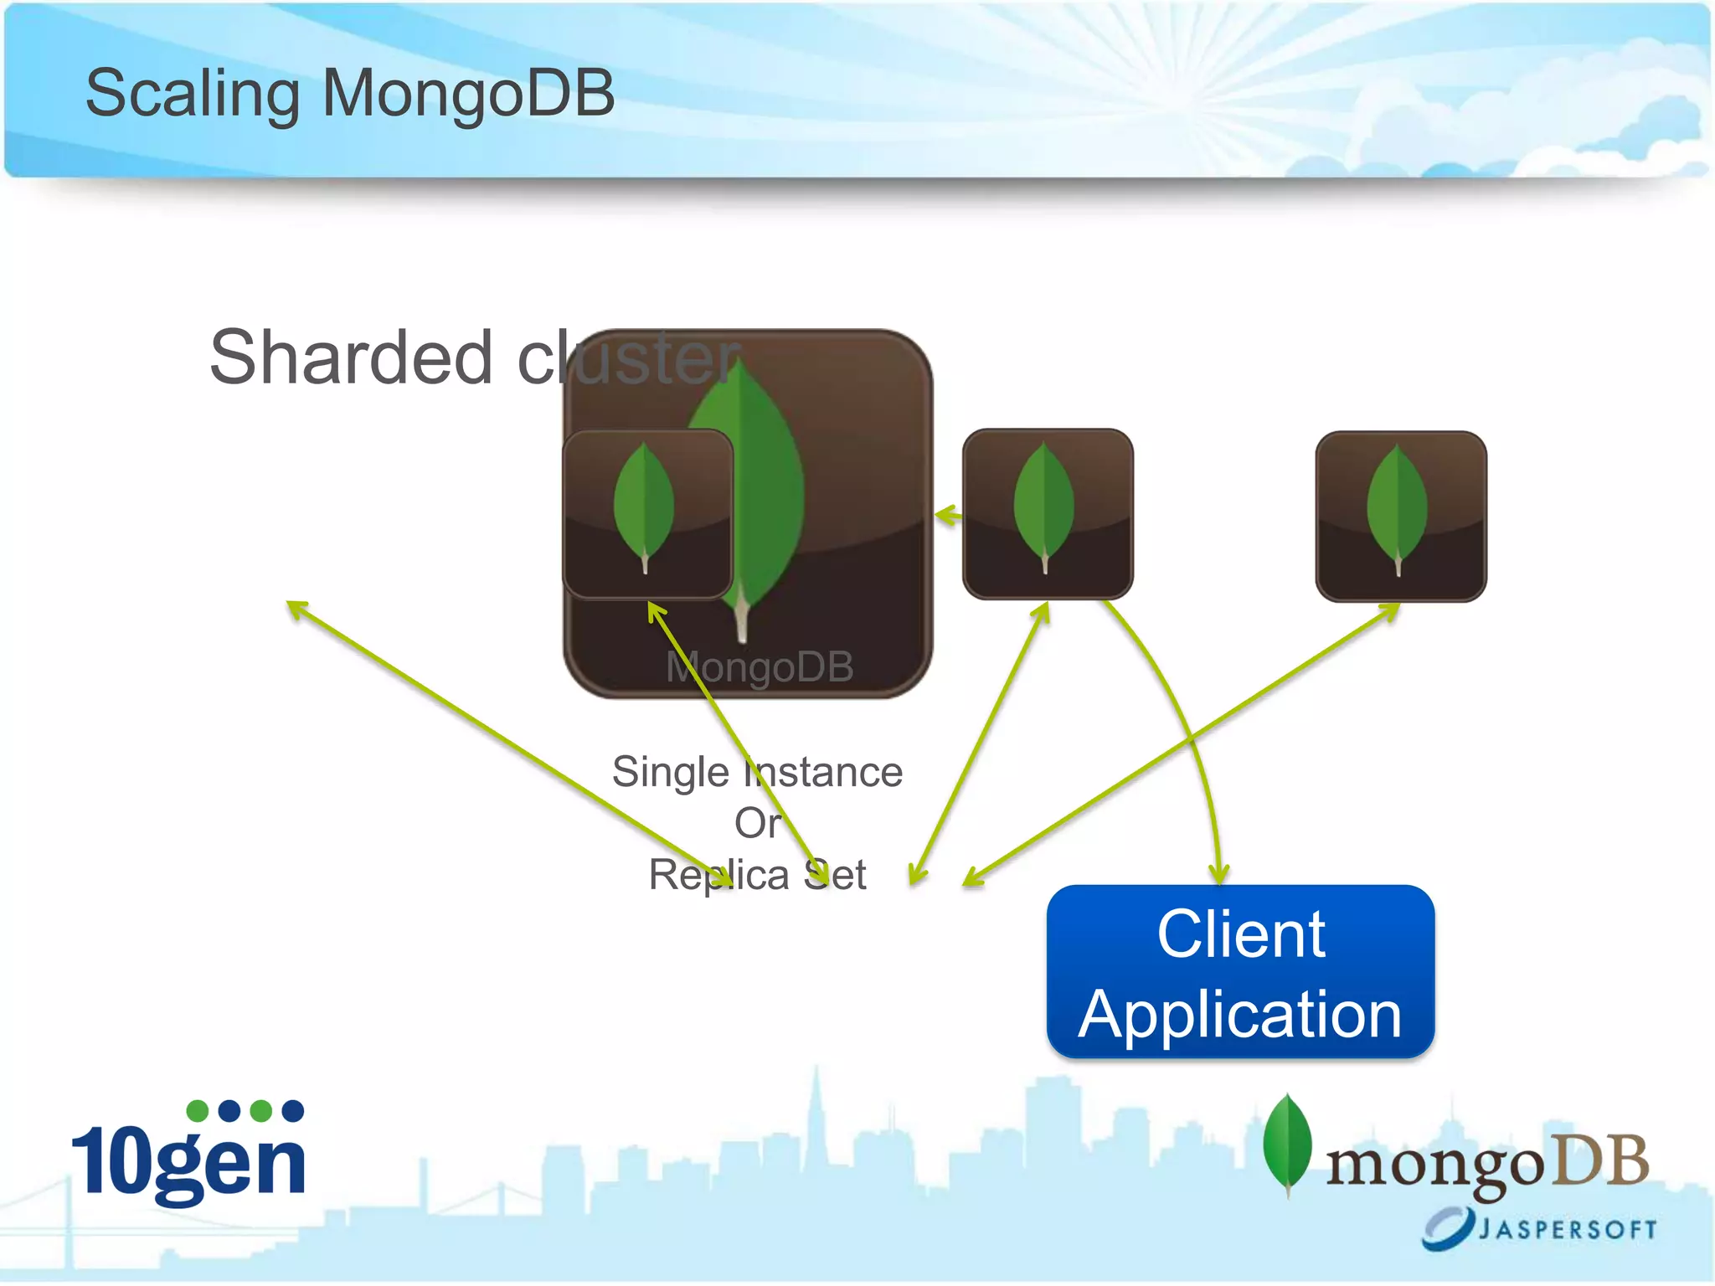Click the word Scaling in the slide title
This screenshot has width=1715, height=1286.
pos(192,95)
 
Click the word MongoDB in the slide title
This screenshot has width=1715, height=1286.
pos(468,93)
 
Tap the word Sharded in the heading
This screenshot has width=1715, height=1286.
pos(351,358)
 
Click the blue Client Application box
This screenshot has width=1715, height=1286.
pos(1240,972)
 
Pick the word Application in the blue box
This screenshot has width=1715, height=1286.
pos(1240,1014)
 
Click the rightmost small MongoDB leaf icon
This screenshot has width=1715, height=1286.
pos(1401,516)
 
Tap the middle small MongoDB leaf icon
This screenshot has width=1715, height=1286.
pos(1048,513)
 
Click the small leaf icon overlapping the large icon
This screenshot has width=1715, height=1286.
pos(647,513)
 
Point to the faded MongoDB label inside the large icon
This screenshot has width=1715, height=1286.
pos(760,667)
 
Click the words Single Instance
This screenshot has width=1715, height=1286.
pos(757,771)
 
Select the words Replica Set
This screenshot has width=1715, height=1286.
pos(757,875)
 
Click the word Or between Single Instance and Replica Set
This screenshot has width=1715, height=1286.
pos(757,823)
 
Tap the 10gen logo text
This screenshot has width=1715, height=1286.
pos(189,1161)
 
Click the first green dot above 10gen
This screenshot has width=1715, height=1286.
pos(198,1111)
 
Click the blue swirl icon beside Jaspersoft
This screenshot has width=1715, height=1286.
pos(1447,1227)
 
